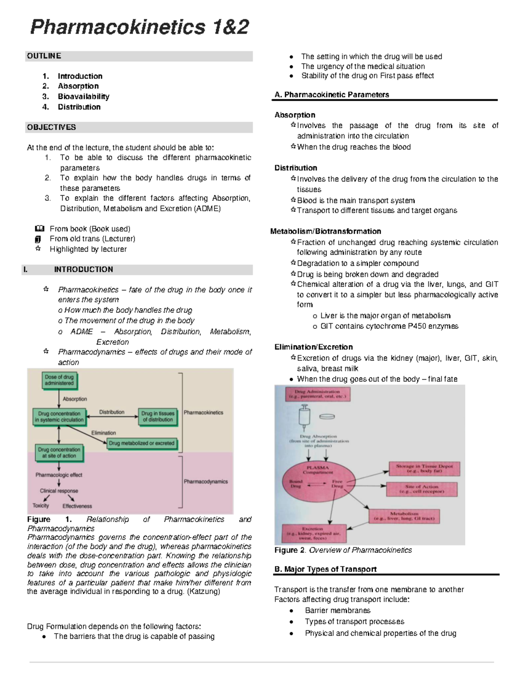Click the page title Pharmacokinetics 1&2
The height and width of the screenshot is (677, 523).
click(x=139, y=27)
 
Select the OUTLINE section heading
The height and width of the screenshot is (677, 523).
click(x=44, y=56)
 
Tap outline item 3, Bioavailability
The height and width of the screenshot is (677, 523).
click(x=83, y=96)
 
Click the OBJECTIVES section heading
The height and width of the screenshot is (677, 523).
click(x=51, y=127)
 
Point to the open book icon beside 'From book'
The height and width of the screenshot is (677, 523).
click(x=39, y=228)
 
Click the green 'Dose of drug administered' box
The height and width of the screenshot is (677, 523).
click(x=59, y=380)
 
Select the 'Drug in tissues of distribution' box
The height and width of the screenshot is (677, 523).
click(x=158, y=416)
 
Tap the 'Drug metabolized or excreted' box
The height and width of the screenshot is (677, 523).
click(x=142, y=443)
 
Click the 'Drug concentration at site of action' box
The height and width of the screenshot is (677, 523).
click(x=59, y=452)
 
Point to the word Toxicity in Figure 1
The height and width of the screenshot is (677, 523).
click(x=41, y=506)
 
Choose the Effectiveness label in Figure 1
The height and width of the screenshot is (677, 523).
click(x=77, y=506)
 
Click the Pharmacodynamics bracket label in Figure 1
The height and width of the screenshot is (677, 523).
click(x=206, y=482)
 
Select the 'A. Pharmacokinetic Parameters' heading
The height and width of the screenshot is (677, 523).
click(x=332, y=95)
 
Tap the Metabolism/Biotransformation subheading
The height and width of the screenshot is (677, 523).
click(x=326, y=231)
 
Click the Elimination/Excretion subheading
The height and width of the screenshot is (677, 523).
click(x=313, y=347)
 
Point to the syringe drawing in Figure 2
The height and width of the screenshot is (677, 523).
click(x=304, y=417)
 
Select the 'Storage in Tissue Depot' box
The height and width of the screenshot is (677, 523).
click(x=424, y=469)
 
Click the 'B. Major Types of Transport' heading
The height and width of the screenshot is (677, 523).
click(x=325, y=569)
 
